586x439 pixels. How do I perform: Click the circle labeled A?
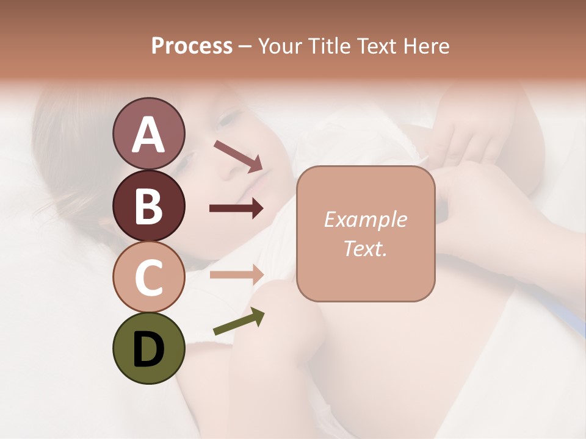148,134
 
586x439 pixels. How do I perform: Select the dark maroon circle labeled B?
148,205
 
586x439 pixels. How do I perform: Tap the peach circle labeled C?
148,277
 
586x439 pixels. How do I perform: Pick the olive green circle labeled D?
148,348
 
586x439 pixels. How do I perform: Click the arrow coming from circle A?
238,156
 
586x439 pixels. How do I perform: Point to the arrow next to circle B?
236,209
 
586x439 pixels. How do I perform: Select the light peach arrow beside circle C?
236,274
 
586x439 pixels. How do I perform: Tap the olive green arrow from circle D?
239,321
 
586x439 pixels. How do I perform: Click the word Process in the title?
192,46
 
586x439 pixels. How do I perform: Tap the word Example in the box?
365,220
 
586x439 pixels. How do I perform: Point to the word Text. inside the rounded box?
365,248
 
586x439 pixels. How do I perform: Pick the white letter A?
148,135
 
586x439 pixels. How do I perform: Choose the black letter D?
148,349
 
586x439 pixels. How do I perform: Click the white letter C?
148,278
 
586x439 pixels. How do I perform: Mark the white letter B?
148,207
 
